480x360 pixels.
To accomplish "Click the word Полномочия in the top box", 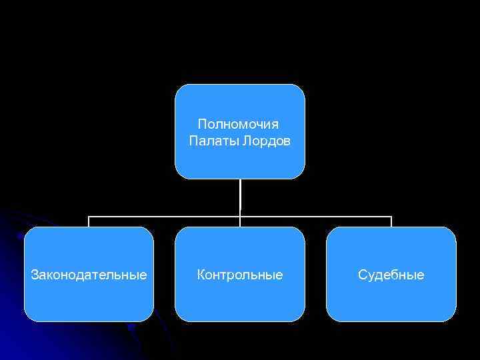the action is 239,125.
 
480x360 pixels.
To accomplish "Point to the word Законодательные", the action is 89,275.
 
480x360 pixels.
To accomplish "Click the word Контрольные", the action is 240,275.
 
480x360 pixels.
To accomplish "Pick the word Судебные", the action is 391,275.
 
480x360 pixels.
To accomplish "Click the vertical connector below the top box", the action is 240,197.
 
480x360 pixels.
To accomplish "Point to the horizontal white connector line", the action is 167,217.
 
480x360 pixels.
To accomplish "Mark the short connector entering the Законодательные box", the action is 89,222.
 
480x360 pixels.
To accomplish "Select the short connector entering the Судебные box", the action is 391,222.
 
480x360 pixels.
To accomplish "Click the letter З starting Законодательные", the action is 35,275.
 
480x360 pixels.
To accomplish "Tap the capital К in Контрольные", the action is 201,275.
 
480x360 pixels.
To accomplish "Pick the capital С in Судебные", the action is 362,275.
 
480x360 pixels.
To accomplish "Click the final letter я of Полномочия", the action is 276,125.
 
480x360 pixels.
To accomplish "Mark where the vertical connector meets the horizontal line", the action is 240,217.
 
